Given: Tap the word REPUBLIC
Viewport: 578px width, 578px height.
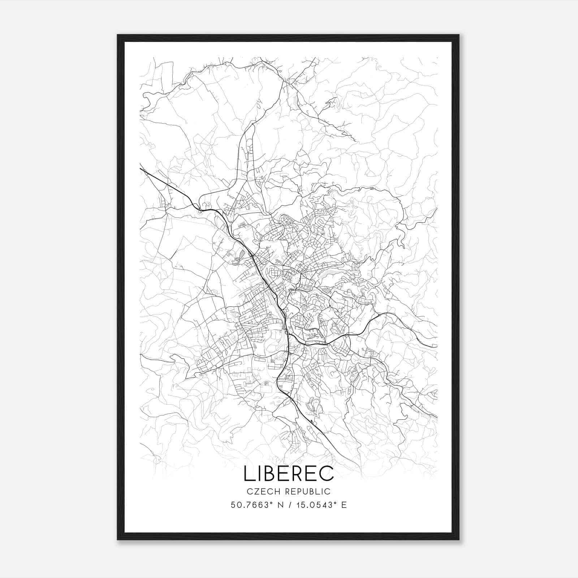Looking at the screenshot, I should tap(307, 491).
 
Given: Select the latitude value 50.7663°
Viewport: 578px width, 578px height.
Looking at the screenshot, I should tap(251, 505).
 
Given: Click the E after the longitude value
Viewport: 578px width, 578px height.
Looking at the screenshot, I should tap(344, 505).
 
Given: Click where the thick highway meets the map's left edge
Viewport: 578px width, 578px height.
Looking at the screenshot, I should tap(141, 168).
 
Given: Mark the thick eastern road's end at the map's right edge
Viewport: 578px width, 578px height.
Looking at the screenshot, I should tap(437, 346).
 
